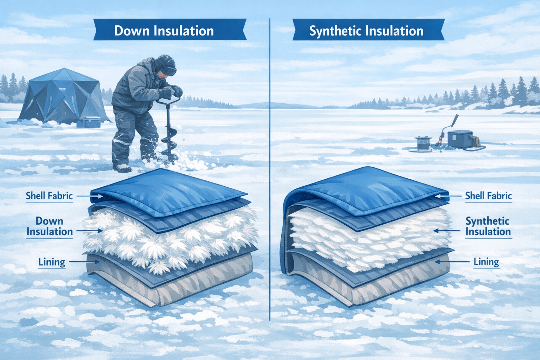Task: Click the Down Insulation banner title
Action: [164, 31]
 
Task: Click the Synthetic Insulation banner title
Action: [366, 31]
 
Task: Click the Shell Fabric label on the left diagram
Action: [49, 196]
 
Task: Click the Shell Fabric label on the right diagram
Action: [488, 196]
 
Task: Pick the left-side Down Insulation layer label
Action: [50, 226]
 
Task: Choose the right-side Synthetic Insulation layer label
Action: [488, 226]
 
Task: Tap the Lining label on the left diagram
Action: [52, 262]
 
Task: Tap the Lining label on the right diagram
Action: [486, 262]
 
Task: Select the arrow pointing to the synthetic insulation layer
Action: [446, 231]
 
